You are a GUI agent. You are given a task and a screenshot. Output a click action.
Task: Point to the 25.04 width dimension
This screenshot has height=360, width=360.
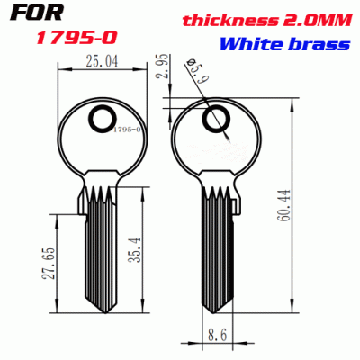[97, 62]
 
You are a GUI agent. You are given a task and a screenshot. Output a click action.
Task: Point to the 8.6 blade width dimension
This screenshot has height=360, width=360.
[215, 334]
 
